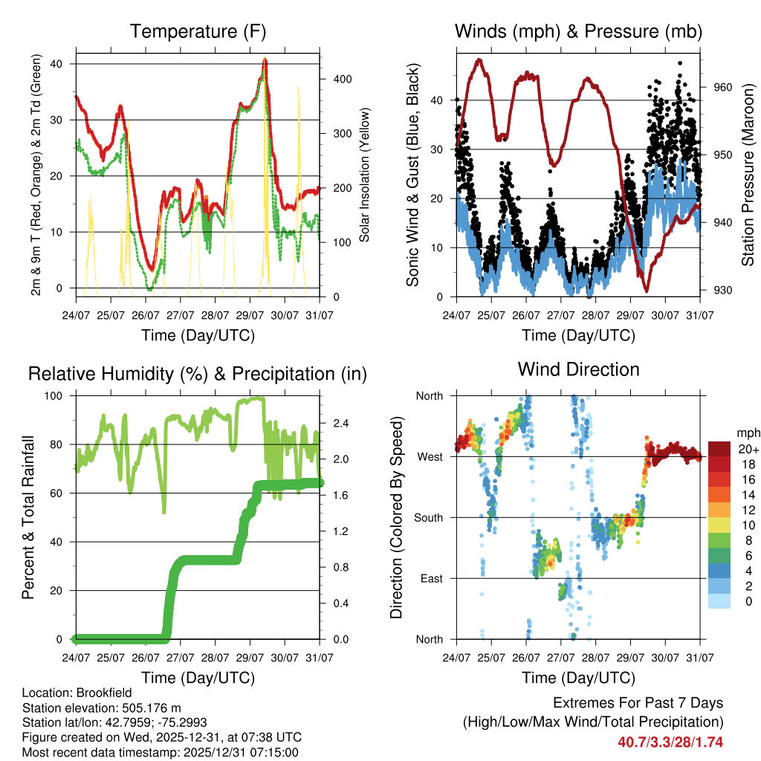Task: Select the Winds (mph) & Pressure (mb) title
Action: click(578, 32)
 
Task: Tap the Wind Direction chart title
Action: click(578, 369)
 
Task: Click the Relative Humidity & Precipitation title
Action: click(197, 374)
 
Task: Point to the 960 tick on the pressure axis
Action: click(724, 87)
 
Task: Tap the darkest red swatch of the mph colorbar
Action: click(721, 449)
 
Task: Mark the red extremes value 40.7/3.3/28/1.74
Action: click(670, 742)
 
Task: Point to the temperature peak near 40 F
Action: click(265, 60)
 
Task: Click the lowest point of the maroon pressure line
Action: click(647, 290)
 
